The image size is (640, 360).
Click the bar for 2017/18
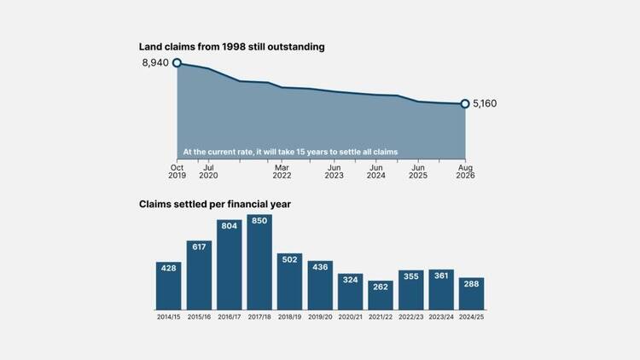[259, 262]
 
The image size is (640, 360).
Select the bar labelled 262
[381, 295]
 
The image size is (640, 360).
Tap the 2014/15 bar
[169, 286]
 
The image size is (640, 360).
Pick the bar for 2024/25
[471, 293]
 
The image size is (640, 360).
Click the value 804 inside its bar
[229, 226]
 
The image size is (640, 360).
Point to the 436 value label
[320, 267]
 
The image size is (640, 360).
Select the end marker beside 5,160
[465, 104]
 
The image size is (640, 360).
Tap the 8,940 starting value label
[155, 62]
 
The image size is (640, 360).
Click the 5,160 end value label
[485, 104]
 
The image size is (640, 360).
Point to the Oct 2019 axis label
[177, 171]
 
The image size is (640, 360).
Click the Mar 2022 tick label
[282, 171]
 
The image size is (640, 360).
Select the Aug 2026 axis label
[465, 171]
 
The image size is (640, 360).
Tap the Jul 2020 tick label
[208, 171]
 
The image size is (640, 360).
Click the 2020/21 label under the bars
[350, 316]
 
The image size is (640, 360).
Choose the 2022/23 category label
[411, 316]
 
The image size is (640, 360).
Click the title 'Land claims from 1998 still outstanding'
[232, 47]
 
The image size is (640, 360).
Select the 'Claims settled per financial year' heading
[215, 204]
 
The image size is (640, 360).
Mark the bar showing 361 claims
[441, 289]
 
